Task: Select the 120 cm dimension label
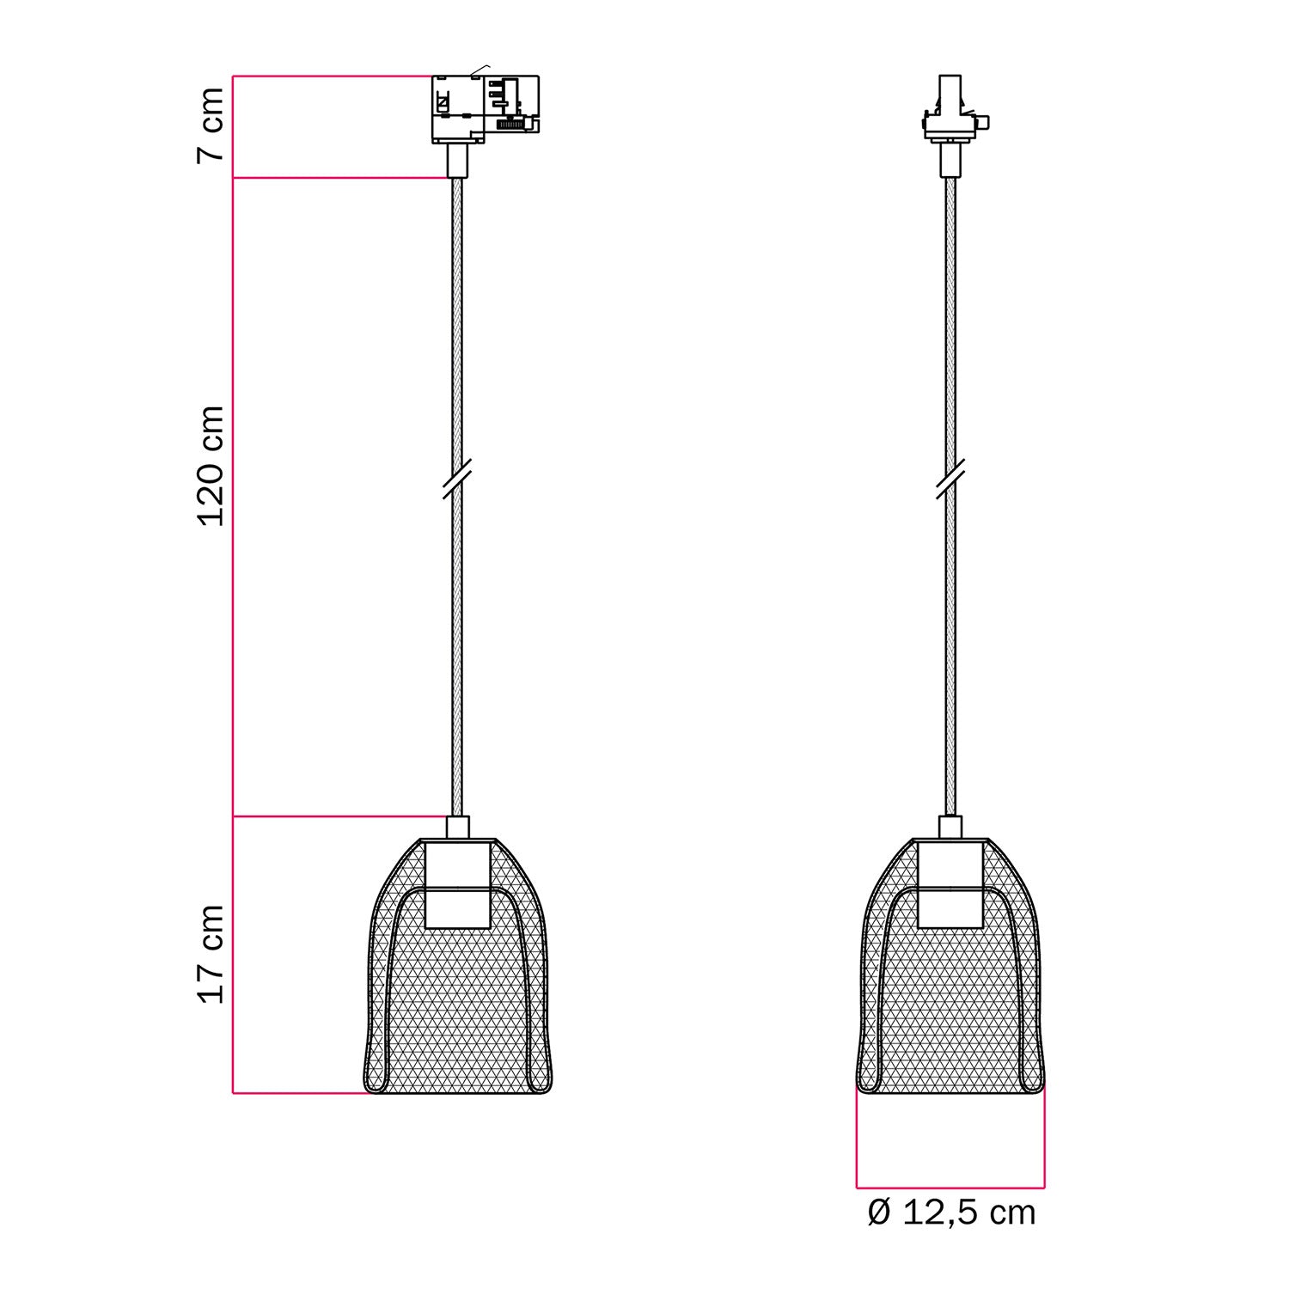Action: tap(211, 466)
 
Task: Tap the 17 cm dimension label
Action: tap(211, 954)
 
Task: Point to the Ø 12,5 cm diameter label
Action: tap(951, 1213)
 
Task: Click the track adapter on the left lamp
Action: tap(484, 107)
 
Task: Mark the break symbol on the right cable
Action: tap(950, 479)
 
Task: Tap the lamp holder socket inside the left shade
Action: tap(458, 884)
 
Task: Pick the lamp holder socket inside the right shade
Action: tap(950, 884)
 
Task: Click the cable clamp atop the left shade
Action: tap(458, 827)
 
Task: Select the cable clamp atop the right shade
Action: tap(950, 827)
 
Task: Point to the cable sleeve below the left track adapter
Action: tap(457, 160)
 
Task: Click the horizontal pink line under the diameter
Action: tap(950, 1188)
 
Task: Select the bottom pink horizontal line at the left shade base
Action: tap(301, 1093)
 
